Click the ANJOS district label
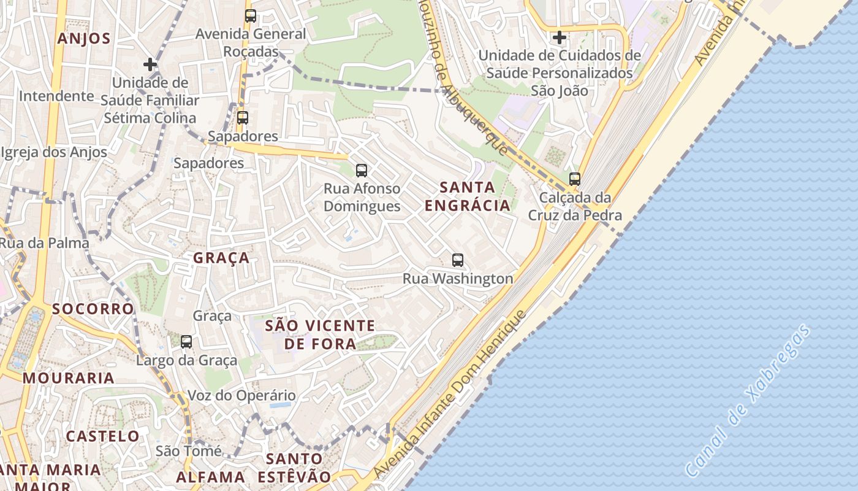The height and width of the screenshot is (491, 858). tap(84, 39)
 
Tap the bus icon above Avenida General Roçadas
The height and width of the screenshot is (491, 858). tap(250, 16)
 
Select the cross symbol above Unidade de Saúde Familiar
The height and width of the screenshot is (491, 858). tap(150, 64)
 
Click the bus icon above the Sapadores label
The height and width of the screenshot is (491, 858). tap(243, 117)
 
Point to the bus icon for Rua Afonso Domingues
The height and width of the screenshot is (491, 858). tap(362, 170)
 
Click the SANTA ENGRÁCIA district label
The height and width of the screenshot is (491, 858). tap(468, 196)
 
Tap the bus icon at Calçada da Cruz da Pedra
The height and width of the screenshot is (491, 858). tap(574, 179)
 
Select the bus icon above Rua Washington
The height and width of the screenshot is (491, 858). tap(458, 260)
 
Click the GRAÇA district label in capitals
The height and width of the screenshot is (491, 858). tap(221, 258)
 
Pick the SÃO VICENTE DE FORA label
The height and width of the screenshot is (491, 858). tap(320, 334)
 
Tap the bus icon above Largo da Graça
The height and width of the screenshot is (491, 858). tap(186, 341)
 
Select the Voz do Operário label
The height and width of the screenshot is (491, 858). tap(241, 396)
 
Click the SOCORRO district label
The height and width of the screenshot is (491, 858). tap(93, 309)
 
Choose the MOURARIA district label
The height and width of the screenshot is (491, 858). tap(69, 378)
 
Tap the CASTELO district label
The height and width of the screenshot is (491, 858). tap(103, 436)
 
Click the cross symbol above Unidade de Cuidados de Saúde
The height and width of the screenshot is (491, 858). tap(559, 37)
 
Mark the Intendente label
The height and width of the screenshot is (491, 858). tap(56, 96)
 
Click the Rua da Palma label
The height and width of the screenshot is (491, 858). tap(44, 243)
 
